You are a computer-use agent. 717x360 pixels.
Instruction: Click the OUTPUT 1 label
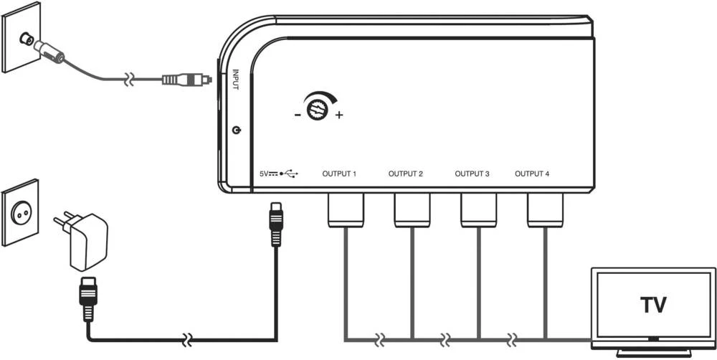click(340, 174)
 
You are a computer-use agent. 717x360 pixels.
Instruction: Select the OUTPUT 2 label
click(406, 174)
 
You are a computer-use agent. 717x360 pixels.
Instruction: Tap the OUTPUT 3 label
click(473, 174)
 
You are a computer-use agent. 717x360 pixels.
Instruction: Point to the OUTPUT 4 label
click(533, 174)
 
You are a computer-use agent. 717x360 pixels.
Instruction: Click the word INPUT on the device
click(236, 78)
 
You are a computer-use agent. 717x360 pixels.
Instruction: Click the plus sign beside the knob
click(339, 115)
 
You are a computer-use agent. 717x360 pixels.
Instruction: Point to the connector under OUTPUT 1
click(346, 209)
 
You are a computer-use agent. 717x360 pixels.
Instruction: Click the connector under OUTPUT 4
click(545, 209)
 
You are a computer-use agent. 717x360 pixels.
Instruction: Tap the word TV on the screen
click(652, 304)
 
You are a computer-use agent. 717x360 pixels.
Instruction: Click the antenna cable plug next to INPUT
click(185, 78)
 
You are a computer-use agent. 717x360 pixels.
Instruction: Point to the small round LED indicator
click(237, 131)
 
